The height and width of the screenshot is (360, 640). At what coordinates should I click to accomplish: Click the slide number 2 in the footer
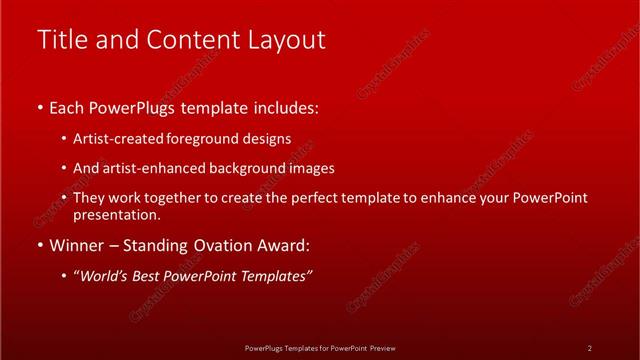pyautogui.click(x=590, y=348)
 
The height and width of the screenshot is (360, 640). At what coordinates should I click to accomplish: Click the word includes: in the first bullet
pyautogui.click(x=285, y=107)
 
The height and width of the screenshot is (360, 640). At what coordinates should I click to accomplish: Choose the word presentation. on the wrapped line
pyautogui.click(x=117, y=215)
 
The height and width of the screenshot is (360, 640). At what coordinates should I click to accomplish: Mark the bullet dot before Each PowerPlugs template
pyautogui.click(x=40, y=107)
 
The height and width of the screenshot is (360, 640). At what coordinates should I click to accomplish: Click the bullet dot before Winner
pyautogui.click(x=40, y=245)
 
